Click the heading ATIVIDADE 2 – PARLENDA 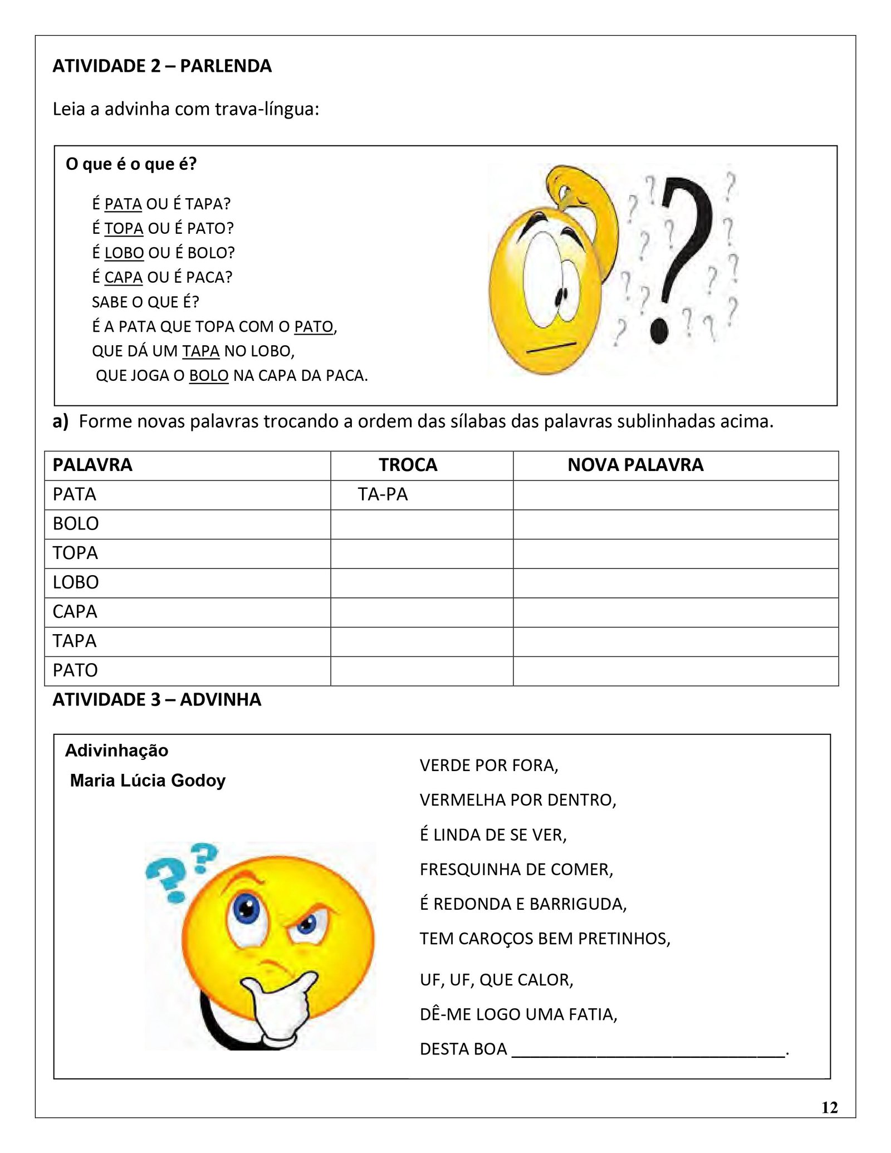162,66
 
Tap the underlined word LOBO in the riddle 124,253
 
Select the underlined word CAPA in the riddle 124,277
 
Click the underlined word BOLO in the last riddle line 209,376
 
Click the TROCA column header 408,465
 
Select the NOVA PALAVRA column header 635,465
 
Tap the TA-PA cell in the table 383,494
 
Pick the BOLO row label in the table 76,524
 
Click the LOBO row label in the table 76,582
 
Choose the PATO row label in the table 75,670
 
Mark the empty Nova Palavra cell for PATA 675,495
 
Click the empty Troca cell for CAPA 422,612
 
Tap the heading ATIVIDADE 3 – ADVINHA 157,700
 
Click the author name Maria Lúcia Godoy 148,781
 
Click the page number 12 829,1107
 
